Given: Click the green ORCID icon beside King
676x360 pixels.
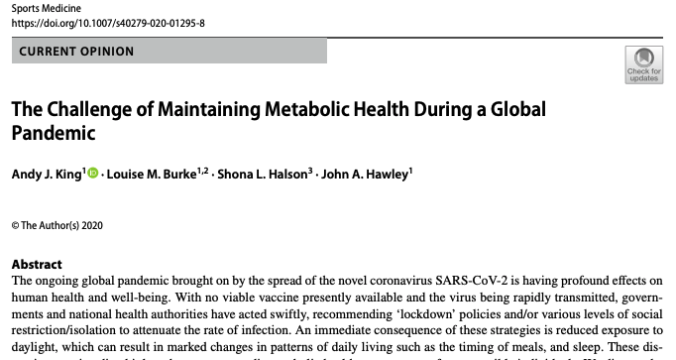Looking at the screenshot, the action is click(94, 174).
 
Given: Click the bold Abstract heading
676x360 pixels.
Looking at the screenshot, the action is click(37, 265).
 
